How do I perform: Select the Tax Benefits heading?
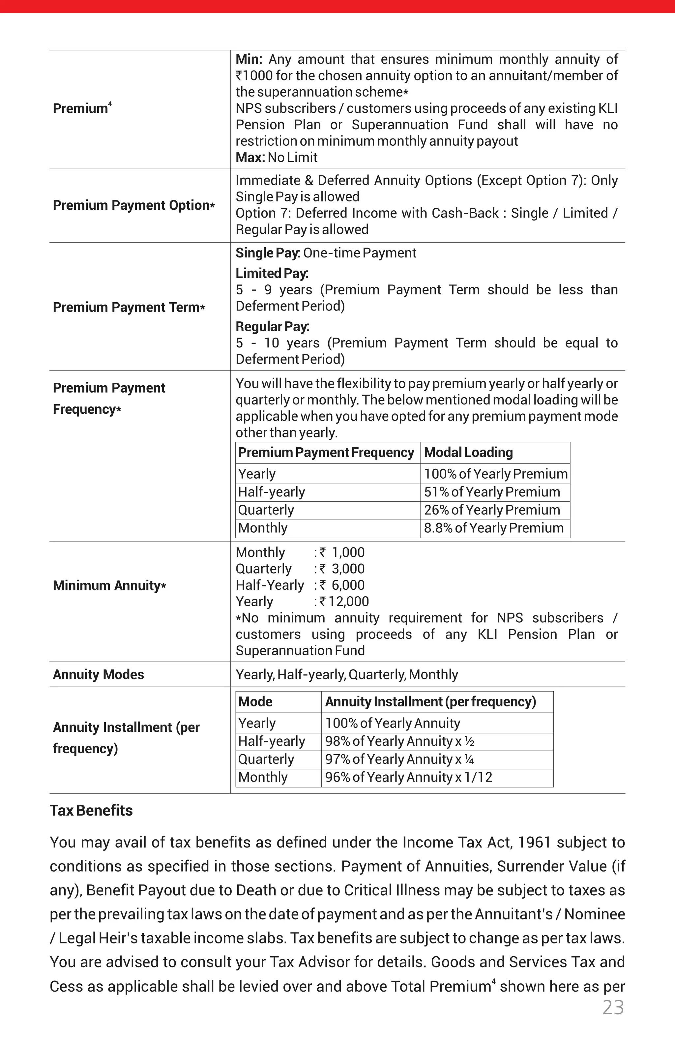[x=91, y=810]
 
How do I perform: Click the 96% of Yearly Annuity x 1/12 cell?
[x=408, y=777]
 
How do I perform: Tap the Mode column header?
[x=255, y=701]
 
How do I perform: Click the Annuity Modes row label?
[x=98, y=674]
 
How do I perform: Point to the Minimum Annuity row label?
[x=109, y=585]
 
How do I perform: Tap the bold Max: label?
[x=250, y=157]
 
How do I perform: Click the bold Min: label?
[x=249, y=59]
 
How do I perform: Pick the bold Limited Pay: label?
[x=272, y=274]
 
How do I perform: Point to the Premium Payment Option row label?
[x=133, y=205]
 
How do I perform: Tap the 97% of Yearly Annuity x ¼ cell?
[x=399, y=759]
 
